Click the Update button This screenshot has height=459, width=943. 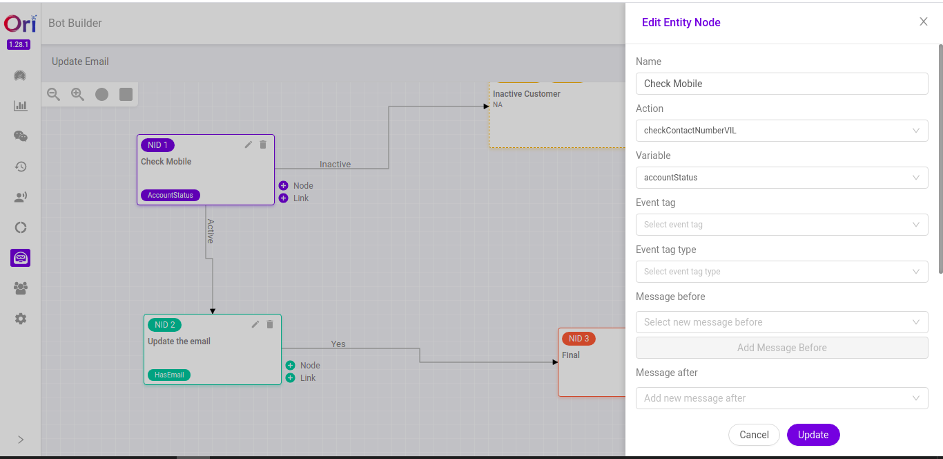pyautogui.click(x=813, y=435)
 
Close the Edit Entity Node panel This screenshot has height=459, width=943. pyautogui.click(x=924, y=21)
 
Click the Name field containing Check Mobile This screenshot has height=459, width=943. pyautogui.click(x=781, y=84)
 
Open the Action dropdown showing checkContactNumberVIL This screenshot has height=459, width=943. pyautogui.click(x=781, y=131)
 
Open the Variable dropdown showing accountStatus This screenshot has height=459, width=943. pyautogui.click(x=781, y=178)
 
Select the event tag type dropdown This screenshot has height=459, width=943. pyautogui.click(x=781, y=272)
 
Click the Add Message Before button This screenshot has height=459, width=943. pyautogui.click(x=781, y=348)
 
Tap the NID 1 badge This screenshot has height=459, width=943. pyautogui.click(x=157, y=145)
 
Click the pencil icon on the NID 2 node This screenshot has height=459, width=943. pyautogui.click(x=255, y=324)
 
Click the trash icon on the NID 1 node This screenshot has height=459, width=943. pyautogui.click(x=263, y=144)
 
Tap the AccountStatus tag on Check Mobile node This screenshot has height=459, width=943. pyautogui.click(x=170, y=195)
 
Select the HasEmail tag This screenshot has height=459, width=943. pyautogui.click(x=168, y=375)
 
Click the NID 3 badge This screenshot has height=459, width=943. pyautogui.click(x=579, y=339)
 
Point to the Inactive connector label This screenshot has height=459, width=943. pyautogui.click(x=335, y=165)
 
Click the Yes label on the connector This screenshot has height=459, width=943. pyautogui.click(x=338, y=344)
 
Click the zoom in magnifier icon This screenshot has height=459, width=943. pyautogui.click(x=77, y=94)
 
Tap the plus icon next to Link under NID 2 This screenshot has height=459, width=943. pyautogui.click(x=290, y=378)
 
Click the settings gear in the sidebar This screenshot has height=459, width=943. pyautogui.click(x=21, y=319)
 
